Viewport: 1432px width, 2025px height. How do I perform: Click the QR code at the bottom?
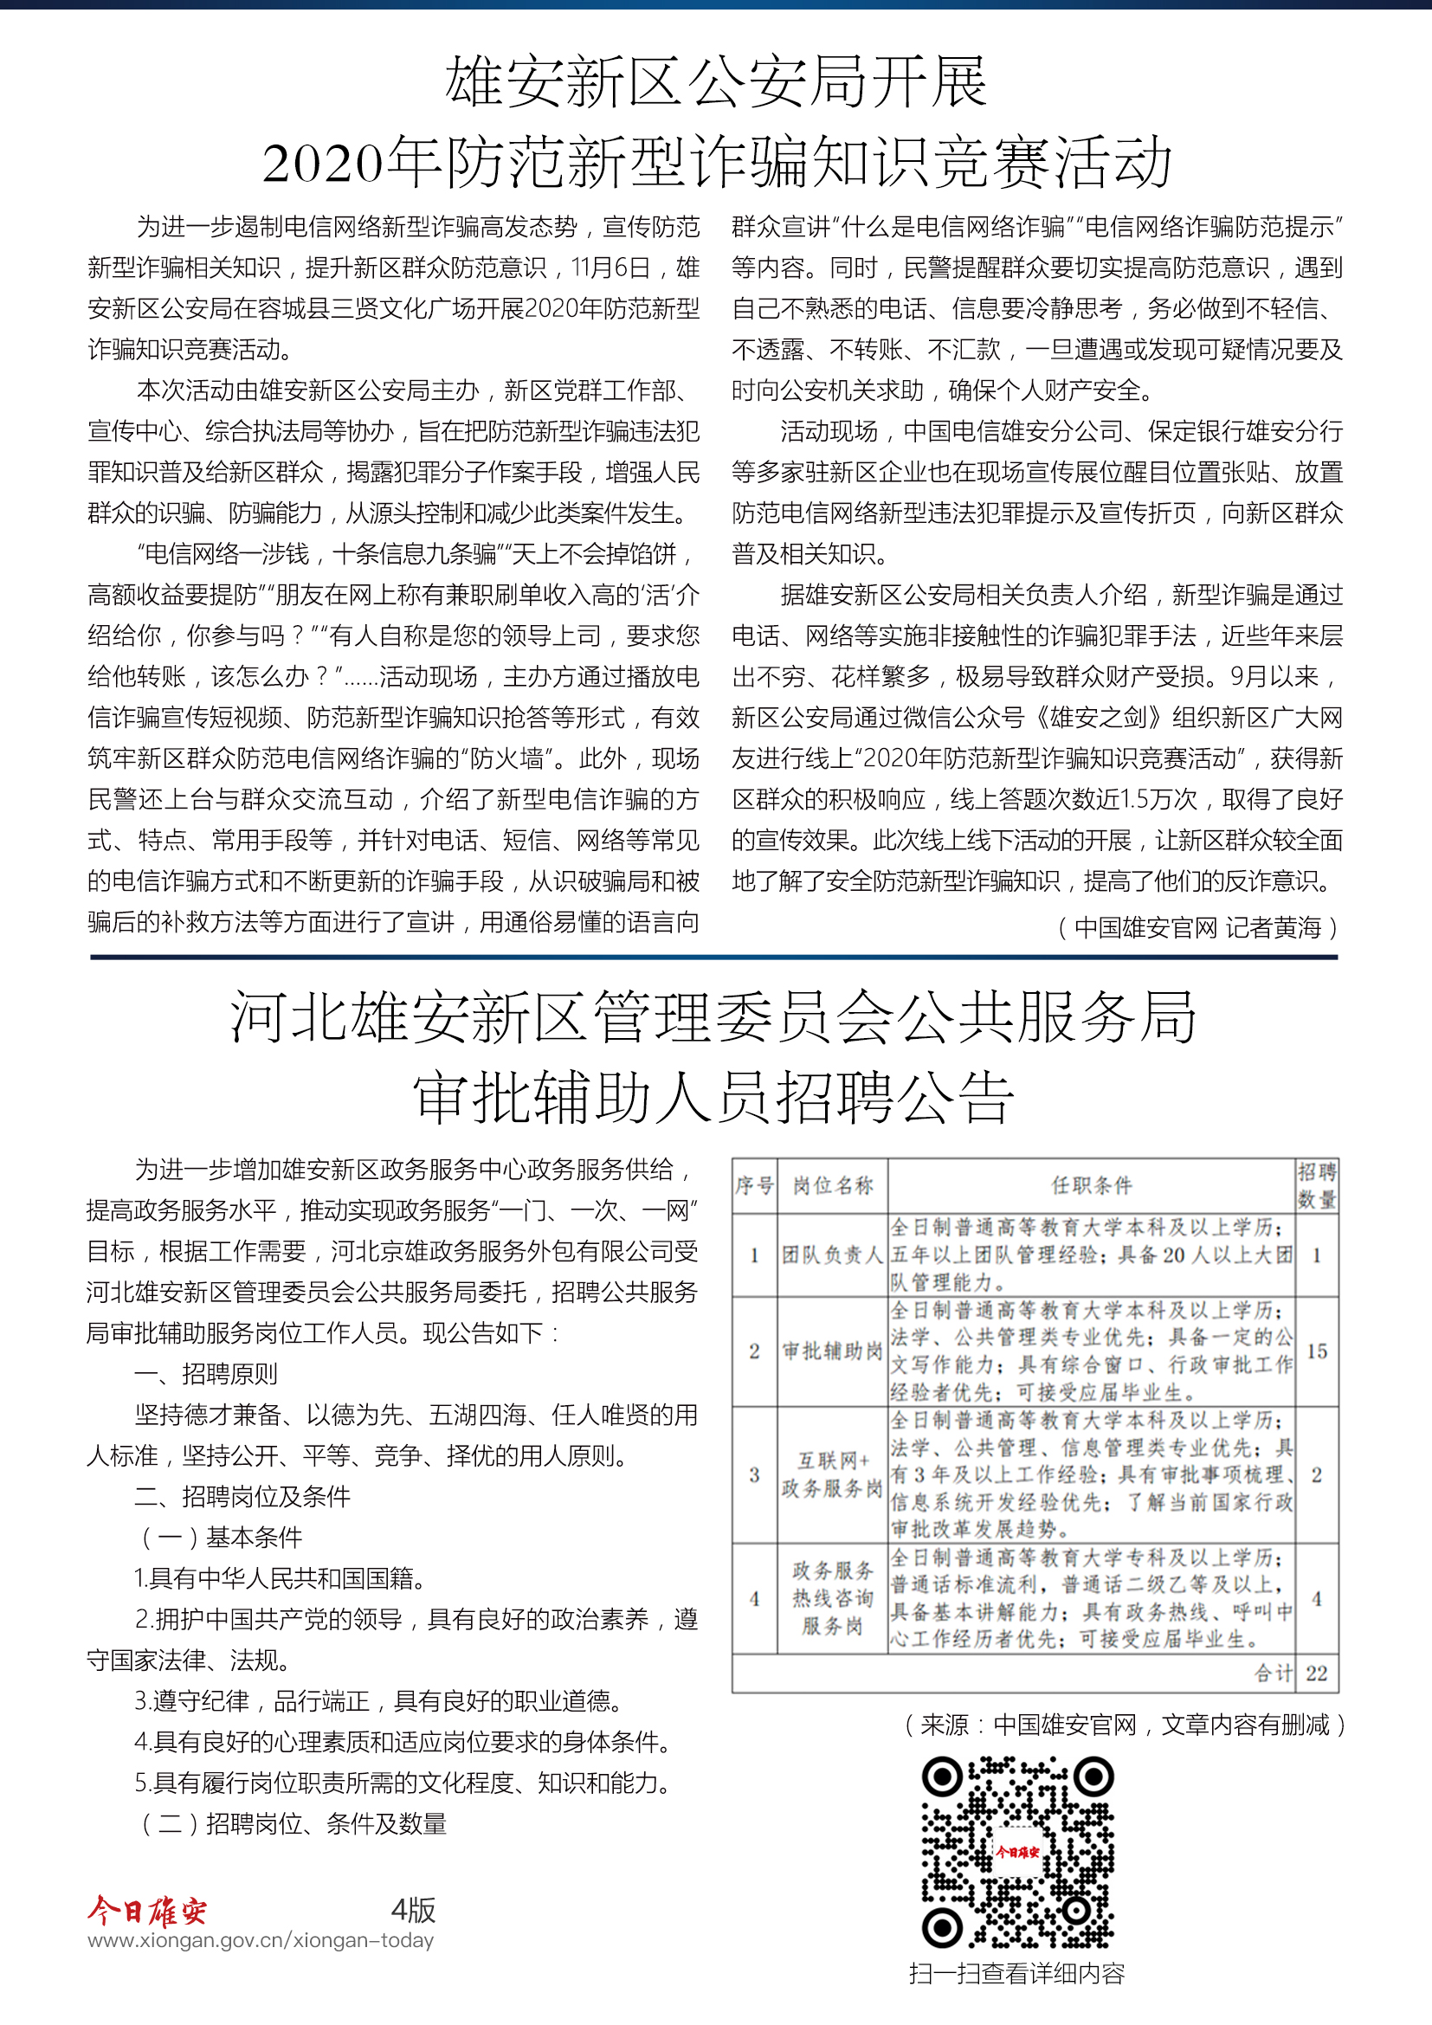click(1017, 1851)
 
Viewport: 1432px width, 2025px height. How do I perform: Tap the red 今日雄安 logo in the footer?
click(147, 1911)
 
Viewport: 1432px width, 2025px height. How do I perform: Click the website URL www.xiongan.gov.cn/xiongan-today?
click(261, 1940)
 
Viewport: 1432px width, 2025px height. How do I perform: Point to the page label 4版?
click(413, 1910)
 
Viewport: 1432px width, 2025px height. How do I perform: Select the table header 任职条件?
click(1091, 1185)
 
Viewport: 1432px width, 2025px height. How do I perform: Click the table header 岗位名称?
click(832, 1185)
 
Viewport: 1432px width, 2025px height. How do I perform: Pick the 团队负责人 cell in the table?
click(832, 1255)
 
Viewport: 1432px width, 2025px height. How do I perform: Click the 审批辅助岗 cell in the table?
click(832, 1351)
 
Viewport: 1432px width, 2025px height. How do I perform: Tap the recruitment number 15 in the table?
click(1317, 1351)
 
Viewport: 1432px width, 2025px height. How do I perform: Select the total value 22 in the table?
click(1317, 1674)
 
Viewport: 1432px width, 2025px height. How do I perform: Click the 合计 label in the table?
click(1274, 1674)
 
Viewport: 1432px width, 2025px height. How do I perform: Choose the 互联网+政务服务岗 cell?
click(832, 1474)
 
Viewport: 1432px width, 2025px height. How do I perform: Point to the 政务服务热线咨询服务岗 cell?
click(832, 1598)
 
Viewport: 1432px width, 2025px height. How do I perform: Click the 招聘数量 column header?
click(1317, 1185)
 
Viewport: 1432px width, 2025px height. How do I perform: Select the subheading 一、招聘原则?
click(205, 1373)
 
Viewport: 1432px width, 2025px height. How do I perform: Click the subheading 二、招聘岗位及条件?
click(242, 1496)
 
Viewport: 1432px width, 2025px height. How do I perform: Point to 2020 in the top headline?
click(324, 163)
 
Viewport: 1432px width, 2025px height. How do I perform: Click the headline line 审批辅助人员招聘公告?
click(714, 1098)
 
